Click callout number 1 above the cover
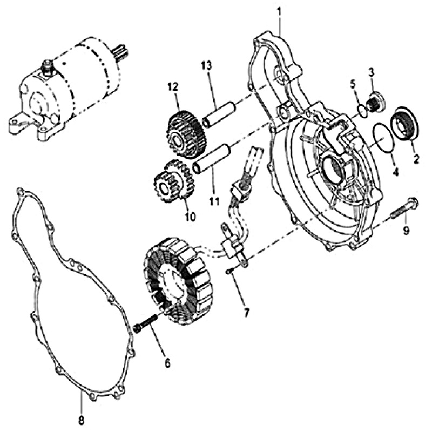[280, 13]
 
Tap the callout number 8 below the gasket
[82, 420]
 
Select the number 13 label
[207, 66]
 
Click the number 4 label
[395, 172]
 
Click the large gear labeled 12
[186, 134]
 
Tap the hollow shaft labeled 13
[219, 114]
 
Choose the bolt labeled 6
[145, 322]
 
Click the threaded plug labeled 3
[375, 102]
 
